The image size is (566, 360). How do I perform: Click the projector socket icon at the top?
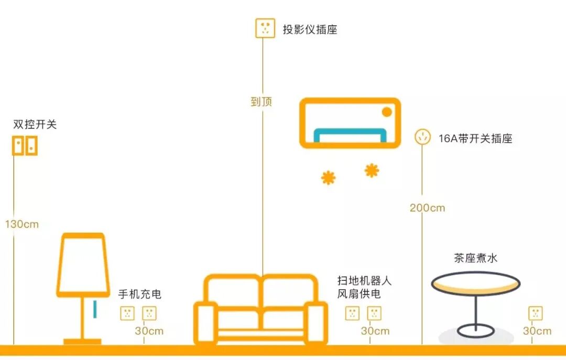tap(265, 28)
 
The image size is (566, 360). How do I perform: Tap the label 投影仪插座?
tap(310, 29)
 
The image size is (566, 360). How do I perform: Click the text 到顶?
tap(262, 102)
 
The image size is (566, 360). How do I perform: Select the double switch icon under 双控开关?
tap(25, 146)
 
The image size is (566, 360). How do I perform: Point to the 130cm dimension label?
tap(22, 224)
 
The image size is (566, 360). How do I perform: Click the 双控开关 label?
tap(35, 125)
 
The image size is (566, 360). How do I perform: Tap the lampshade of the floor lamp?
tap(83, 265)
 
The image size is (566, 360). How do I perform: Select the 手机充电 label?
tap(139, 294)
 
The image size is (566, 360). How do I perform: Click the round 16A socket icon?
tap(422, 137)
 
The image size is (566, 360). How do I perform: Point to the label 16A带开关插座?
tap(475, 139)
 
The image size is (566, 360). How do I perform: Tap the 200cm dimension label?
tap(427, 208)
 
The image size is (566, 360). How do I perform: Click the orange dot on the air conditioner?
tap(387, 112)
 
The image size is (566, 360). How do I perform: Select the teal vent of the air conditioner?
tap(350, 135)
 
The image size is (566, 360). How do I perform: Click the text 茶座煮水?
tap(475, 258)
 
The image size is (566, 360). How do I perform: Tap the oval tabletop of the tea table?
tap(475, 283)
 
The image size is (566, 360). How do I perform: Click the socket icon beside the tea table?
tap(535, 313)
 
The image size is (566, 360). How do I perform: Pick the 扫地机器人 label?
tap(365, 280)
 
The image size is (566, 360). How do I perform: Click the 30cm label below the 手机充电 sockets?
tap(149, 331)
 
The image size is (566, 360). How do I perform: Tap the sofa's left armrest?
tap(205, 323)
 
